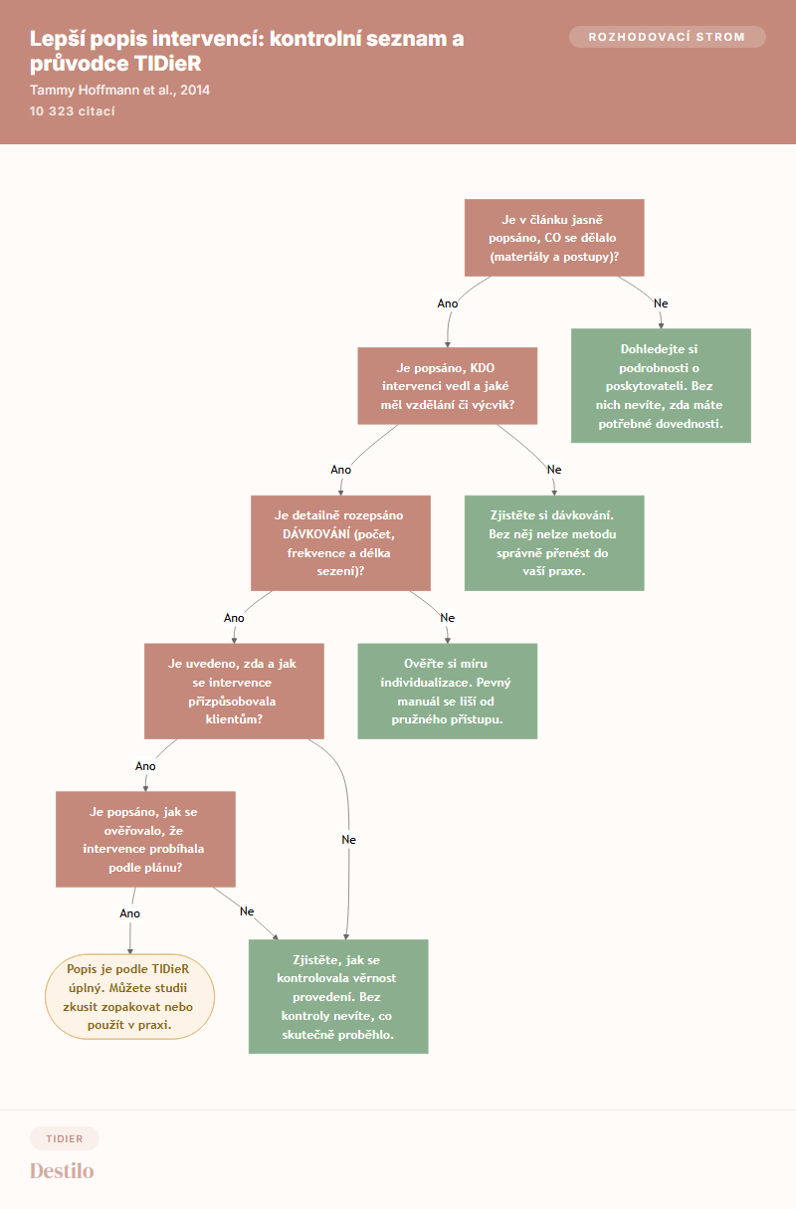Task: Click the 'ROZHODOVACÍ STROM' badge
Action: tap(667, 37)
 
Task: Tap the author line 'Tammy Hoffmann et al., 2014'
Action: tap(119, 90)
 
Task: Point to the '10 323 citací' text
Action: tap(73, 111)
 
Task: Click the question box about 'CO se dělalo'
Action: tap(554, 238)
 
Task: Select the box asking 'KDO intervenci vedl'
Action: tap(448, 386)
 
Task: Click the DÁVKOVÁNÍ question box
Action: tap(340, 543)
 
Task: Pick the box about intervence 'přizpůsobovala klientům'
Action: tap(234, 691)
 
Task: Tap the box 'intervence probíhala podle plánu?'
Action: tap(145, 839)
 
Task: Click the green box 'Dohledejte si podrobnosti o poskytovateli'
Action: tap(661, 386)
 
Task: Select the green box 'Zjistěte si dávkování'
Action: tap(554, 543)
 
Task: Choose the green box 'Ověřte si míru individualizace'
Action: tap(448, 691)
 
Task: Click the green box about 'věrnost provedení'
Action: tap(338, 996)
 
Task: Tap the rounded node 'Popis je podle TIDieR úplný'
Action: tap(129, 996)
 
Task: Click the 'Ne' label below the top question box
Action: tap(661, 303)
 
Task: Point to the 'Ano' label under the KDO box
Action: tap(340, 470)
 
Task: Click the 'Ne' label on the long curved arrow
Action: tap(348, 840)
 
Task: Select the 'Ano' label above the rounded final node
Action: tap(129, 913)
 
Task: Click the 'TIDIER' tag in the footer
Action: tap(65, 1138)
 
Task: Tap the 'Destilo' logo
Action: tap(62, 1170)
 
